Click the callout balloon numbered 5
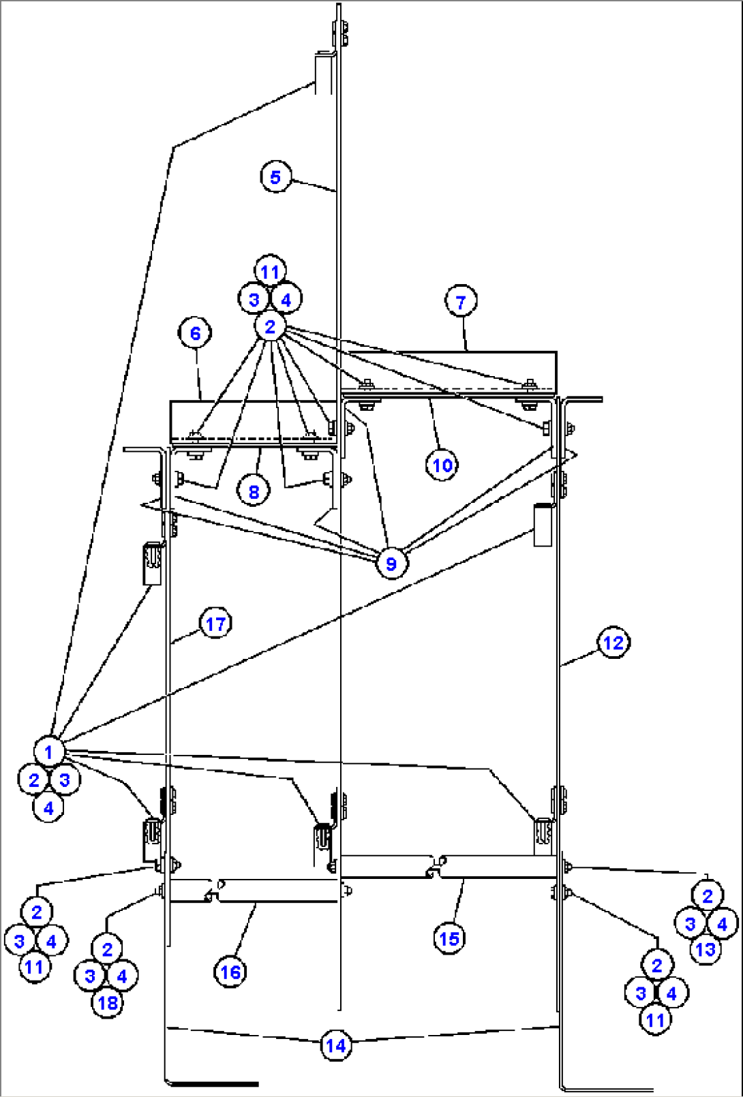point(275,177)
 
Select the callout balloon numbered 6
point(195,333)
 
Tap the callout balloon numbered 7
point(461,301)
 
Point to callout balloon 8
point(254,491)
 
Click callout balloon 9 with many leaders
point(391,563)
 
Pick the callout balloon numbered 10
point(442,465)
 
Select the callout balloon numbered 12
point(613,643)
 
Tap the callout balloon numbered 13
point(706,949)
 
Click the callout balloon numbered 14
point(335,1045)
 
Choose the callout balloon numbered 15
point(449,938)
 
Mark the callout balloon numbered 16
point(230,972)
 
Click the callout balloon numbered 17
point(215,623)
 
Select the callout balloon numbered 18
point(107,1003)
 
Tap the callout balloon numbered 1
point(48,752)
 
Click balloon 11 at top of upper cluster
point(270,272)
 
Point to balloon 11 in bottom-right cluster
point(655,1020)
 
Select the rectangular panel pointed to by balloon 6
point(252,418)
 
